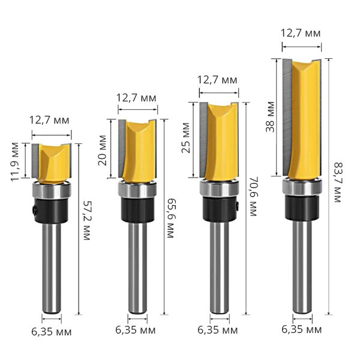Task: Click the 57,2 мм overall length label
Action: pos(86,220)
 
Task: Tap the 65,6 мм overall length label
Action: pos(170,218)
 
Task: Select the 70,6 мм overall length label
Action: pos(253,196)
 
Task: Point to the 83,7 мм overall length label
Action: pos(338,182)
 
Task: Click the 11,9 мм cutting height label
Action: pos(15,162)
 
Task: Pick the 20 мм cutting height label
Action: pos(103,151)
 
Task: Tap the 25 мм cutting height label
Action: pos(186,138)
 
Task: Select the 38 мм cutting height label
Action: pos(270,117)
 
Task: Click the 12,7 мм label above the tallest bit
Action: pos(301,34)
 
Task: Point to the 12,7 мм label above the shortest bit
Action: pos(49,121)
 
